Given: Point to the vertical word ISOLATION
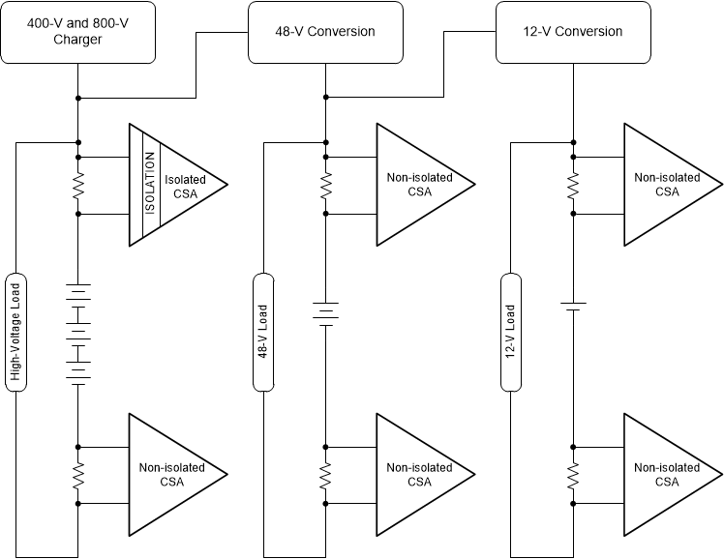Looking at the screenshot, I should point(150,184).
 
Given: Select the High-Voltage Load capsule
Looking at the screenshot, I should point(15,332).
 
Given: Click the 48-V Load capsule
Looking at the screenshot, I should point(262,332).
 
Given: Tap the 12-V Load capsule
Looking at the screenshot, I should point(510,332).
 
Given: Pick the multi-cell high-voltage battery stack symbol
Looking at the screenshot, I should point(77,334).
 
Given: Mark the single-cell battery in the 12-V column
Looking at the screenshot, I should point(573,306).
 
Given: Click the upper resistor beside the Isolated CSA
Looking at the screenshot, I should point(77,185).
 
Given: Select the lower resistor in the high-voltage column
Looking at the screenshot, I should point(77,475).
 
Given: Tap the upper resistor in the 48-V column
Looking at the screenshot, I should point(325,185).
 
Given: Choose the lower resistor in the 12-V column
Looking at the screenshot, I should point(573,475).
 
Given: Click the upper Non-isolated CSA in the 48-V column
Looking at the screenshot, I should point(416,184).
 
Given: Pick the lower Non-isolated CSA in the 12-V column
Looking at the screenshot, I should point(664,474).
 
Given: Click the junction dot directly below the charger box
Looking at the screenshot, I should point(77,98).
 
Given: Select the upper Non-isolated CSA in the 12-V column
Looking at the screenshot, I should point(664,184).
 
